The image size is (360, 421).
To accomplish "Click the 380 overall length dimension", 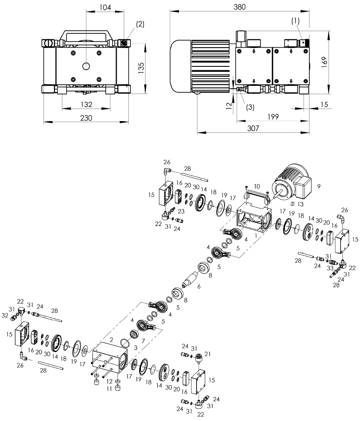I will click(240, 7).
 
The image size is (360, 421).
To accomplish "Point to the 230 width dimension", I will click(86, 118).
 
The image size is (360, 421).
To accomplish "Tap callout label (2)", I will click(140, 24).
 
